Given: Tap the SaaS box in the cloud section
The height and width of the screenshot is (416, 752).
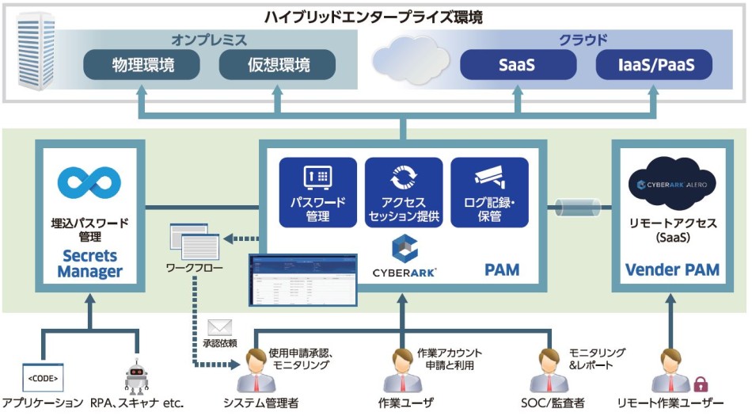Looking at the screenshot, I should (x=517, y=65).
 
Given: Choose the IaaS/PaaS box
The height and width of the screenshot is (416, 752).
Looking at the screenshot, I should (x=654, y=65).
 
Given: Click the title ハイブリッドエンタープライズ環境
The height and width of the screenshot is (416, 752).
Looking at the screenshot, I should (x=376, y=16).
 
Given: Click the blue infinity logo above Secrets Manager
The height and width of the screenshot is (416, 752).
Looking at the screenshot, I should (x=88, y=181).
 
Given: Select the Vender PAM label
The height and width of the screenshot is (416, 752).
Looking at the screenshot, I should (x=672, y=269).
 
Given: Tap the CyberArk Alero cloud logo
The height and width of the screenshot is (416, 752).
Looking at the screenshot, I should (x=672, y=184).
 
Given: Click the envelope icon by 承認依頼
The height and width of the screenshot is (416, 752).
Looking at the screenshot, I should (x=218, y=326).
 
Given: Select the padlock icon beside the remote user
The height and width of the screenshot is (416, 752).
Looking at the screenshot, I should (x=701, y=385).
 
